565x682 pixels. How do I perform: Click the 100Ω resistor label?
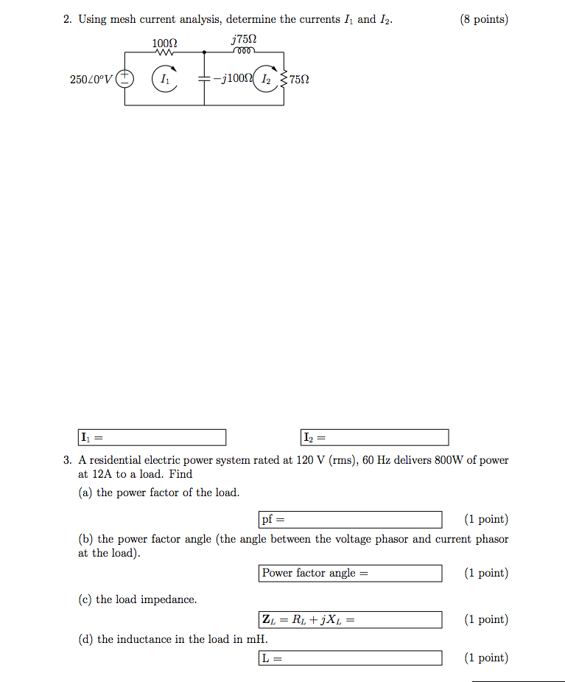point(165,44)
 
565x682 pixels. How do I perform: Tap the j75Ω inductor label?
point(244,39)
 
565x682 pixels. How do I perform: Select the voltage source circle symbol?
point(125,78)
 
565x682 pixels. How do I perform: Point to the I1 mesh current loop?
point(164,78)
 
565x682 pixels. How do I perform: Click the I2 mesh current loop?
point(266,78)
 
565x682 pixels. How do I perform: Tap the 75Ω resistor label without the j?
point(299,79)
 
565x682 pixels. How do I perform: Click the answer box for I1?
point(152,438)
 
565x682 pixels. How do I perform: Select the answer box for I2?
point(375,438)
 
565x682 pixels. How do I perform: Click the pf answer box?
point(351,520)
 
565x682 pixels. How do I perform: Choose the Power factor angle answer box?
point(351,574)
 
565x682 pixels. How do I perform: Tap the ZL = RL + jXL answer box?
point(351,620)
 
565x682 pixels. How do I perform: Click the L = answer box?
point(351,658)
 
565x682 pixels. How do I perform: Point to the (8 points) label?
point(484,20)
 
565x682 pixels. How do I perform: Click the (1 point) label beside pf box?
point(486,520)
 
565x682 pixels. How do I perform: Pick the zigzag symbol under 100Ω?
point(165,52)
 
